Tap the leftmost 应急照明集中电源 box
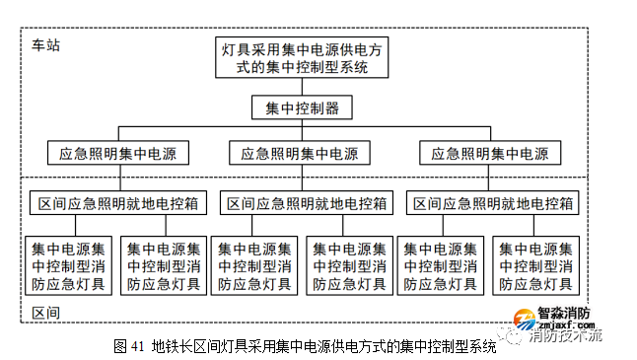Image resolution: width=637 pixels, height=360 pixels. (117, 153)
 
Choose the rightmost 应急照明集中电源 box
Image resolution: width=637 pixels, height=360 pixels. (490, 153)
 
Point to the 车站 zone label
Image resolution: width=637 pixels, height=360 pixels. (45, 46)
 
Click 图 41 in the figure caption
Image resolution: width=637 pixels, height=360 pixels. (129, 346)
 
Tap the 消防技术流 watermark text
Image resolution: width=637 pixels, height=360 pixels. (565, 336)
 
